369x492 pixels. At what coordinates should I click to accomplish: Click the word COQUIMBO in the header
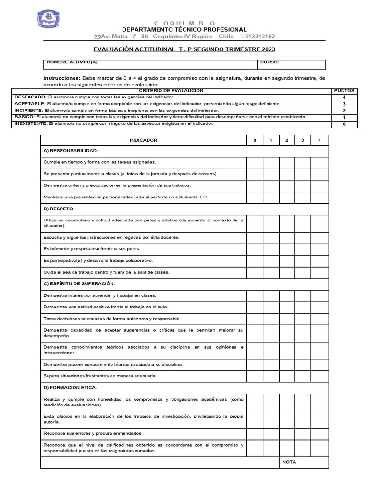point(184,23)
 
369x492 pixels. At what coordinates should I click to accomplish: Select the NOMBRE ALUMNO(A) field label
point(73,62)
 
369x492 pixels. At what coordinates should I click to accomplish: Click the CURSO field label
point(270,62)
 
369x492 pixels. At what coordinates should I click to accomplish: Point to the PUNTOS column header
point(344,90)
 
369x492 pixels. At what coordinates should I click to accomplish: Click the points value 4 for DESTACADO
point(344,97)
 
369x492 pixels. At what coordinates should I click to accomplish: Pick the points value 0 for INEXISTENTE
point(344,124)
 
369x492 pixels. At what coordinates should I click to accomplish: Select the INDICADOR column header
point(143,140)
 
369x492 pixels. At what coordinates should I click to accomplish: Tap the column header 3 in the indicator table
point(302,140)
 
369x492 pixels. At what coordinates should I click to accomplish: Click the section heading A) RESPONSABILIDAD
point(70,151)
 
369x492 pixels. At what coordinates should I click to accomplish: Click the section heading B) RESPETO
point(59,209)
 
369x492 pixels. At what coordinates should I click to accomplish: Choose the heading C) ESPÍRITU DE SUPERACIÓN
point(79,283)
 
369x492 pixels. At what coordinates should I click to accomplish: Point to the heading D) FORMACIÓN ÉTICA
point(70,387)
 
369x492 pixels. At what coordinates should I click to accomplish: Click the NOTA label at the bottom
point(289,462)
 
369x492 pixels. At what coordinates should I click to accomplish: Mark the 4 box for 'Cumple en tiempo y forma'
point(319,162)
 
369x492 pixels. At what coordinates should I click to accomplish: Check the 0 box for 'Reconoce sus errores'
point(255,433)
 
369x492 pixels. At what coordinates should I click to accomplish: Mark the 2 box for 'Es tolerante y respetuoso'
point(286,249)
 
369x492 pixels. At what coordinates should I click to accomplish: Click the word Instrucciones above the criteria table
point(61,78)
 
